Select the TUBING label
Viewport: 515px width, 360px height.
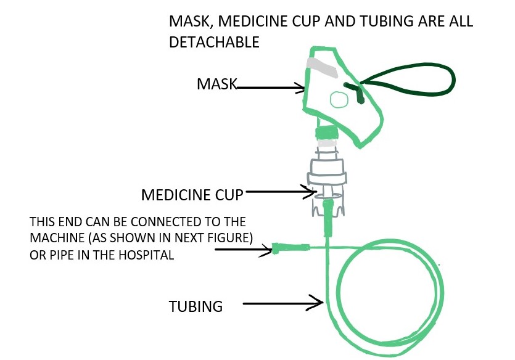[x=196, y=306]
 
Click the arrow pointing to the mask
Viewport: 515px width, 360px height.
[x=271, y=89]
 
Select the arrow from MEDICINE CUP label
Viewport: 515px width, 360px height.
[x=281, y=192]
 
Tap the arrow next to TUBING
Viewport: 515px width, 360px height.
[x=284, y=303]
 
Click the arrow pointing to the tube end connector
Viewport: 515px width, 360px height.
[x=244, y=249]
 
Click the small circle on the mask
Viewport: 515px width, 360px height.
[x=338, y=99]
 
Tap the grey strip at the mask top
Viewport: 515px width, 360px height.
[x=323, y=67]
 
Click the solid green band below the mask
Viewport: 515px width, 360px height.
[x=327, y=133]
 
